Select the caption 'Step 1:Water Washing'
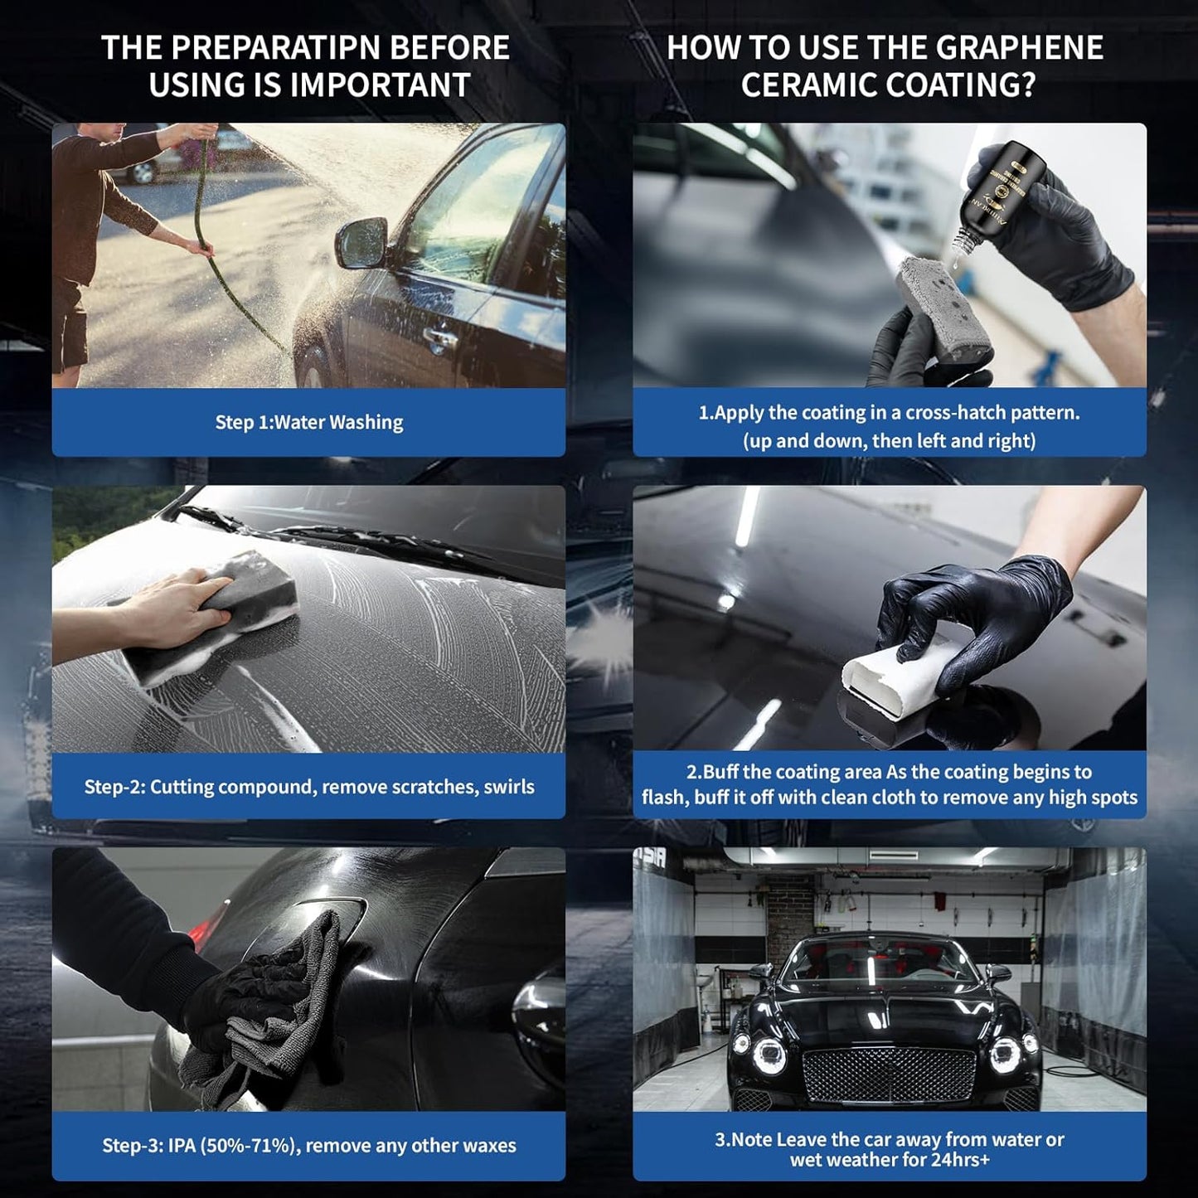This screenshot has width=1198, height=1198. pos(308,422)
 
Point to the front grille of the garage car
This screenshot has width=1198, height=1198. pos(888,1075)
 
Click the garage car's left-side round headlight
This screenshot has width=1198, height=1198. pos(769,1053)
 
